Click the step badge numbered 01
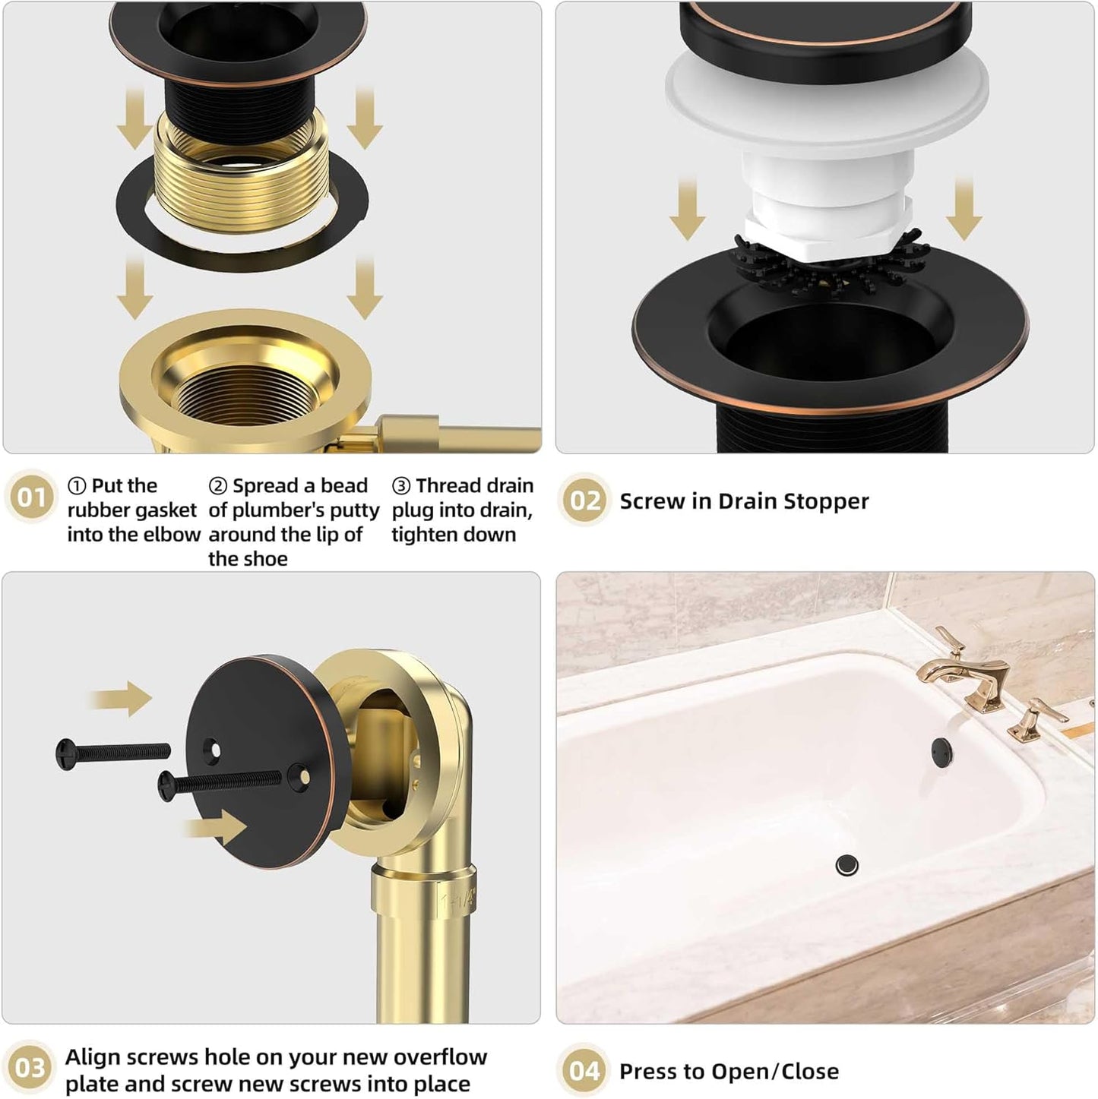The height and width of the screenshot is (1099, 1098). [31, 498]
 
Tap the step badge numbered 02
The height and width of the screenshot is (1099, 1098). [584, 501]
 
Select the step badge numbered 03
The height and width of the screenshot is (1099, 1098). [30, 1068]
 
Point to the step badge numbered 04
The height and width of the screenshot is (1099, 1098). [584, 1071]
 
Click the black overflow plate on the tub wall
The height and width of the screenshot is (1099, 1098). [941, 749]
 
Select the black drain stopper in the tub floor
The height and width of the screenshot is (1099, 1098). [846, 864]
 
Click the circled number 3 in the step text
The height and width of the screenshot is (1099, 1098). [400, 486]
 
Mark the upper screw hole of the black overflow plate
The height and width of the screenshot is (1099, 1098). [215, 751]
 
